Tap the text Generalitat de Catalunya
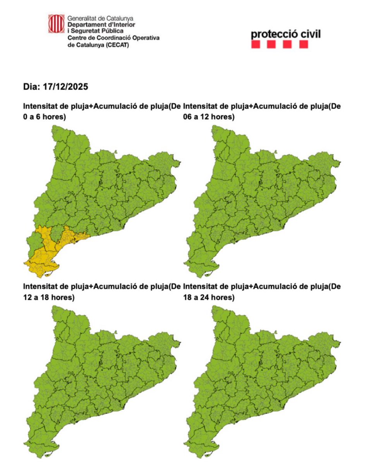100,18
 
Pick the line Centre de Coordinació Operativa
113,38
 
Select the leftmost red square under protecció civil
256,45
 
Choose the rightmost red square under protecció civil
304,45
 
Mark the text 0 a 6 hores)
44,116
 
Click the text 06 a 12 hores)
209,116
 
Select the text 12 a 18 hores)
49,297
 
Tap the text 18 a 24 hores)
209,297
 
